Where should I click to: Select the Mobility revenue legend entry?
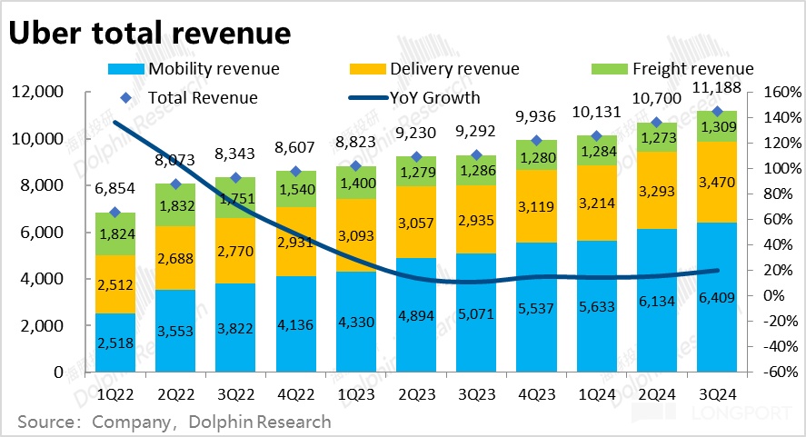(213, 69)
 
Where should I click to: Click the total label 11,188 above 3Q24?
(717, 88)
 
